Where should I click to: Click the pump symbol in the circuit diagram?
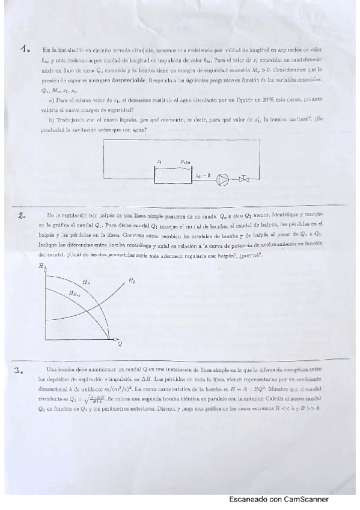coord(222,178)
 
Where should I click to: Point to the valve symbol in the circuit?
coord(245,178)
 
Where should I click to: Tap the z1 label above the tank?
coord(159,162)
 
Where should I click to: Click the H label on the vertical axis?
coord(40,265)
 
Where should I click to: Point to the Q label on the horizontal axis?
coord(120,343)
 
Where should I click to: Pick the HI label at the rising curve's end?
coord(132,280)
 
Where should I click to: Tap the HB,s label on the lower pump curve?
coord(75,293)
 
